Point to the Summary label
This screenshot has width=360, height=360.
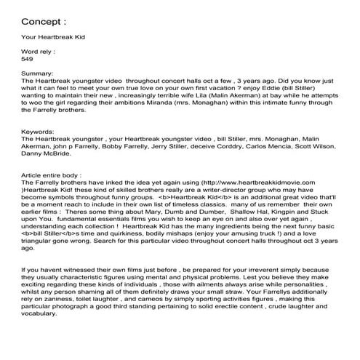39,73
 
